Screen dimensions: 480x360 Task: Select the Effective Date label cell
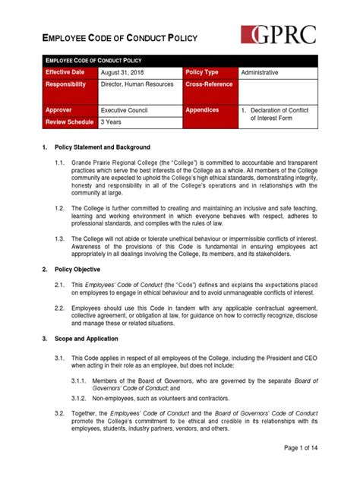pos(69,72)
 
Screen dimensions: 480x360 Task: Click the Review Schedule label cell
pos(69,122)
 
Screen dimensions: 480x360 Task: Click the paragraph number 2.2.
pos(59,308)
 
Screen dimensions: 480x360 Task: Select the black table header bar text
pos(93,59)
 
